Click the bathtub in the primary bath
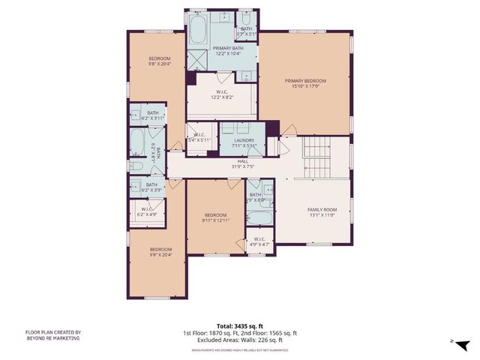(x=198, y=30)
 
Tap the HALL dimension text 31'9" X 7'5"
(x=242, y=166)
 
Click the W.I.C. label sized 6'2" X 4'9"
(x=145, y=211)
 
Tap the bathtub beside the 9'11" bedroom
(x=260, y=218)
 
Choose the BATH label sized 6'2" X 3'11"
(x=151, y=115)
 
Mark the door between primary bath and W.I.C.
(x=223, y=76)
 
